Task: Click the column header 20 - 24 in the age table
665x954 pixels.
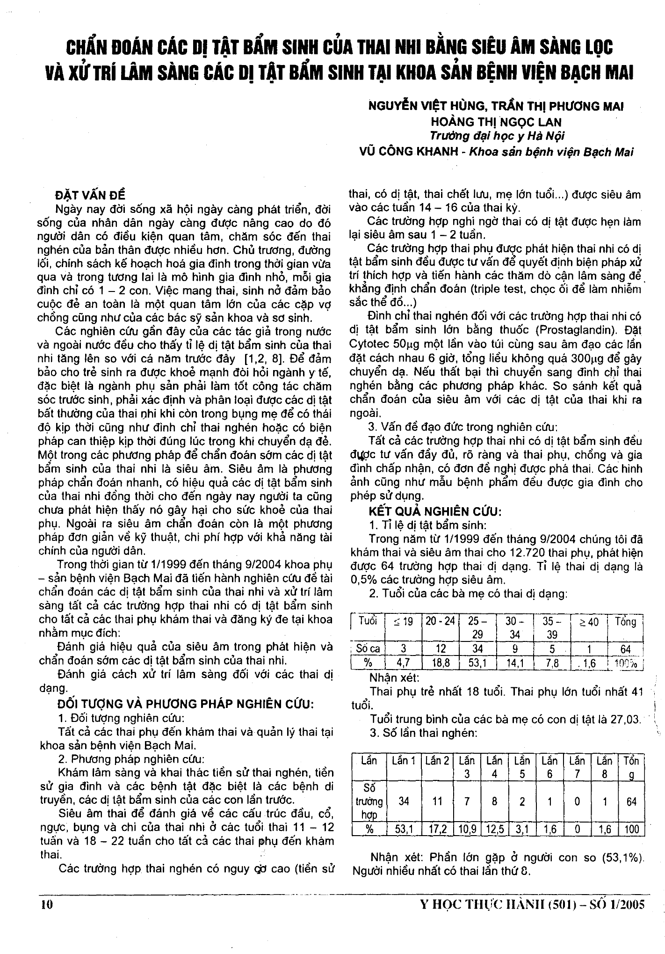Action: [x=440, y=621]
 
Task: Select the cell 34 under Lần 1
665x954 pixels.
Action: [x=404, y=801]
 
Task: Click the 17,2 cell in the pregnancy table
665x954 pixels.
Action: [x=437, y=830]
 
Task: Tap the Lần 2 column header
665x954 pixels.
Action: [x=437, y=761]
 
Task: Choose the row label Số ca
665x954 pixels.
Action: [x=369, y=649]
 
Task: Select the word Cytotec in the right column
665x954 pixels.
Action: [x=368, y=344]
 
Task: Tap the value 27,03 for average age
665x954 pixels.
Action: [x=624, y=719]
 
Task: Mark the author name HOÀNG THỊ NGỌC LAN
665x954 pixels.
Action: [x=496, y=122]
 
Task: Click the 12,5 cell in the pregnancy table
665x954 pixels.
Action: [x=494, y=830]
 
